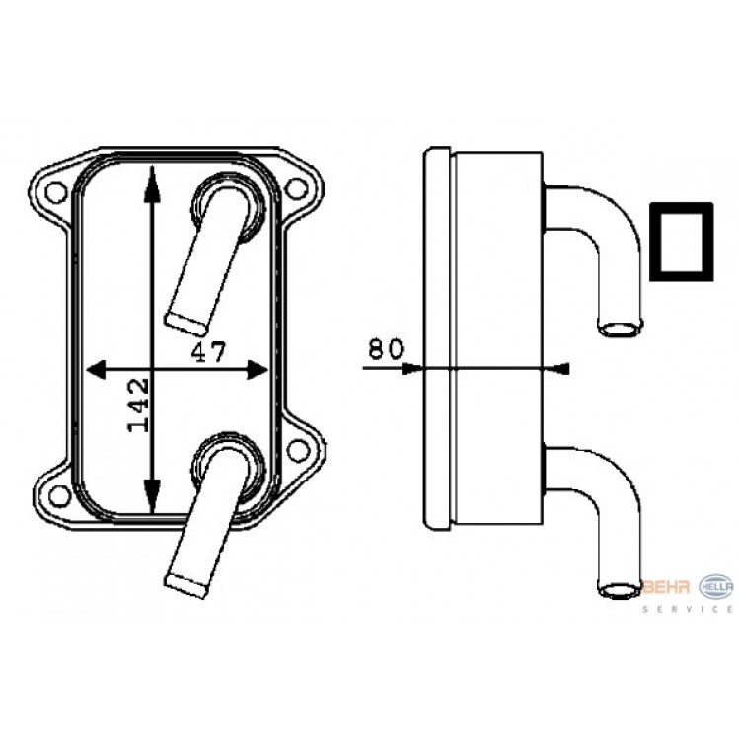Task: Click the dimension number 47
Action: coord(208,351)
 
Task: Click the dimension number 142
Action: coord(139,405)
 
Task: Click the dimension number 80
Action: coord(386,349)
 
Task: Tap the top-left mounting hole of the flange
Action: coord(55,190)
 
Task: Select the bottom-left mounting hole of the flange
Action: coord(60,495)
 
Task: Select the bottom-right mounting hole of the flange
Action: coord(298,450)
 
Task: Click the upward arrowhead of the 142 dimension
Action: coord(151,185)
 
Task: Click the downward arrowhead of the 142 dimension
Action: coord(151,495)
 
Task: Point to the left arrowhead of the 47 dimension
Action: coord(96,369)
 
